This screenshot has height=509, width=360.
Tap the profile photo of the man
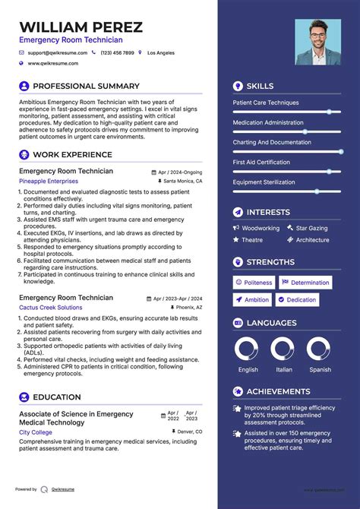[318, 42]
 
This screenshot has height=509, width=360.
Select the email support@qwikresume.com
[58, 52]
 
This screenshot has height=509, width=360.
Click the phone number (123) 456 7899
[117, 52]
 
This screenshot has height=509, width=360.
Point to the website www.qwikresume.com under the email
[55, 64]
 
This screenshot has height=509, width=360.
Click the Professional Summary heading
[86, 86]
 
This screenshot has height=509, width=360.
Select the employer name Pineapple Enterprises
[49, 182]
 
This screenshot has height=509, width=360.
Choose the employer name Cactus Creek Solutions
[51, 308]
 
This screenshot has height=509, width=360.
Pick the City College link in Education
[36, 432]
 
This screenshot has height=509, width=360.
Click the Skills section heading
[260, 86]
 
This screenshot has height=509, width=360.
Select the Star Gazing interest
[311, 228]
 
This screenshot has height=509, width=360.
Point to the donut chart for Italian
[284, 349]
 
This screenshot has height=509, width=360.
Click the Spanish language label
[320, 370]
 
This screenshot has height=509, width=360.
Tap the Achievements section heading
[279, 391]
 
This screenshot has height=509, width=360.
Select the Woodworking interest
[261, 228]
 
